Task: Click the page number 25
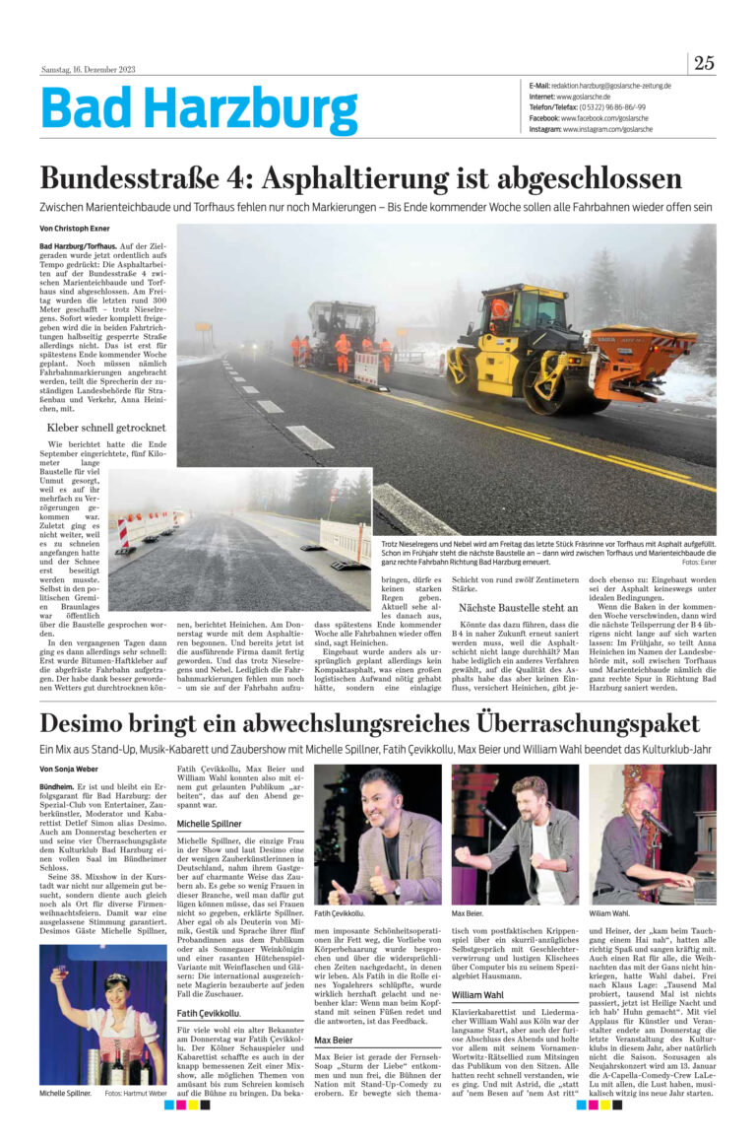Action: [x=703, y=63]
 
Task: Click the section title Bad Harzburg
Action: [x=199, y=110]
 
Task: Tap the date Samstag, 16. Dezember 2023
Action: [x=88, y=69]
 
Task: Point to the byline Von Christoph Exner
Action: [x=74, y=229]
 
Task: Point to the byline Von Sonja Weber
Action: [x=69, y=769]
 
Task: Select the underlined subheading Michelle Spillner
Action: [x=209, y=823]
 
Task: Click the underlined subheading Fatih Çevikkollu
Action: [x=208, y=1013]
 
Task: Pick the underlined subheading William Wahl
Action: [x=477, y=995]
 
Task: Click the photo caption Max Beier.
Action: [x=467, y=913]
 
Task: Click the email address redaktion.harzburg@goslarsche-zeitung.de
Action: [x=611, y=86]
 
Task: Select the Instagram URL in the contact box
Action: [x=607, y=129]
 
